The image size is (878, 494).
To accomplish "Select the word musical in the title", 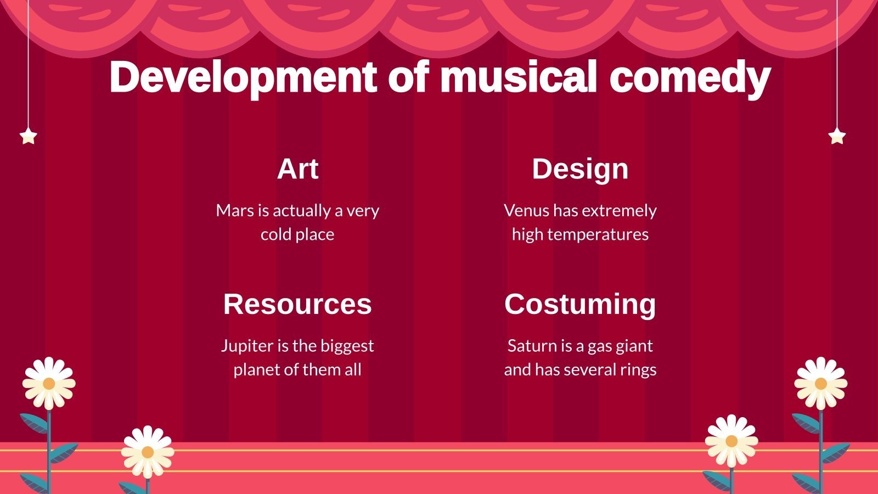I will [518, 77].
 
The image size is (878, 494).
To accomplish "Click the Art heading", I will [297, 169].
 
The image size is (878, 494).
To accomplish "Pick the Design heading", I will [580, 169].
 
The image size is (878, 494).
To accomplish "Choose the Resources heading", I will [297, 304].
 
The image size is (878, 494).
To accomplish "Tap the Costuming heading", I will [580, 304].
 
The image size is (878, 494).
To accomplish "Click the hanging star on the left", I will [28, 136].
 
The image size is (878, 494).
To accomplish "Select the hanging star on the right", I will [837, 136].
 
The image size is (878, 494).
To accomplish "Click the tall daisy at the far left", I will [49, 383].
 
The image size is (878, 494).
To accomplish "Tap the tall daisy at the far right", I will [820, 383].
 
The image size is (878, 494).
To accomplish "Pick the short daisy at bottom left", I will [147, 452].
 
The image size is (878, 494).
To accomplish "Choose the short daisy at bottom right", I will [731, 441].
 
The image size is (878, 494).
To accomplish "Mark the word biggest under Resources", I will [347, 346].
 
